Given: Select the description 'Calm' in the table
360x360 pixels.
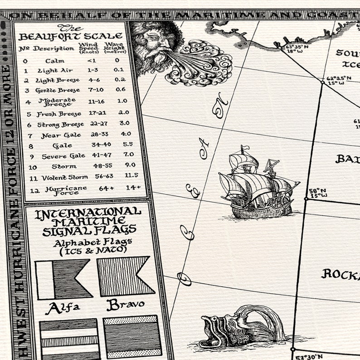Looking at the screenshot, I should pos(55,61).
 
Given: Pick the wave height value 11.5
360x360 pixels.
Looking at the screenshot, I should pos(131,175).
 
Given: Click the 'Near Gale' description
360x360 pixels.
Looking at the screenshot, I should pos(61,136).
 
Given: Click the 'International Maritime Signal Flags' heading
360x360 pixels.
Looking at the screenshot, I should pos(88,222).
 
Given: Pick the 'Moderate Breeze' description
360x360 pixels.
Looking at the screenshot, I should pos(57,102).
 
